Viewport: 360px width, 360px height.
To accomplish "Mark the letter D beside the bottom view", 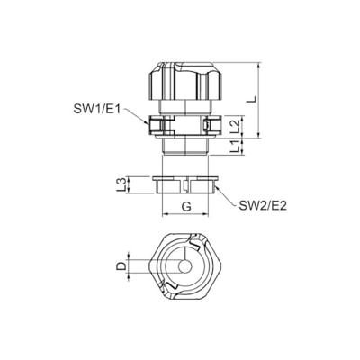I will tap(120, 267).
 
